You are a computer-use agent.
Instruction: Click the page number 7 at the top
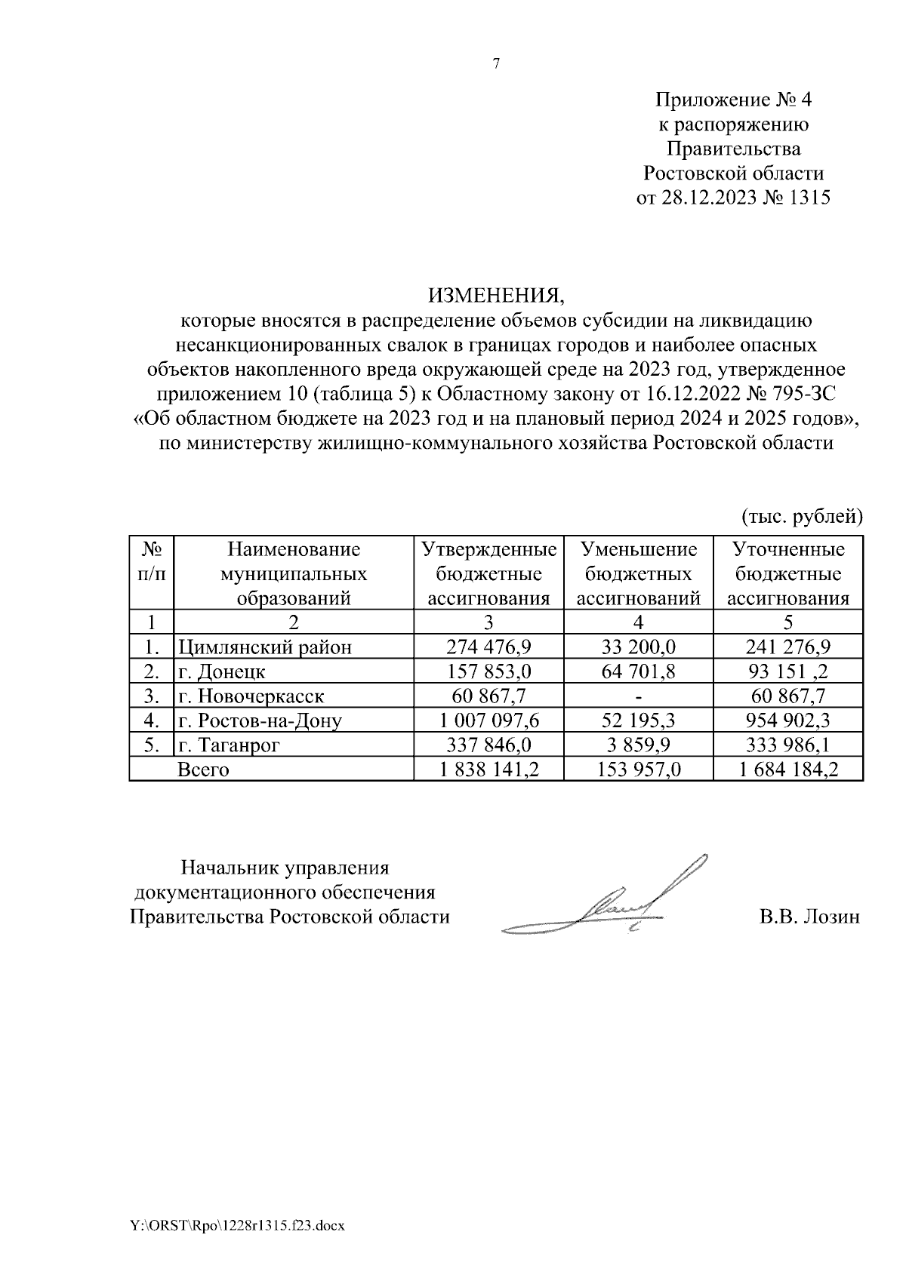pos(496,64)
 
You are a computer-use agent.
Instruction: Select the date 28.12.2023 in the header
pos(706,198)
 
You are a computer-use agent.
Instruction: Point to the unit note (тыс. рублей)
pos(801,517)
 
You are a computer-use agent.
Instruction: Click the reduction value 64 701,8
pos(639,671)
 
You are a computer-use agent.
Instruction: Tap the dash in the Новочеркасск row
pos(639,696)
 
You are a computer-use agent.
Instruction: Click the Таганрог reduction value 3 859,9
pos(639,745)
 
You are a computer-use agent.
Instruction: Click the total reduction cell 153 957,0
pos(639,770)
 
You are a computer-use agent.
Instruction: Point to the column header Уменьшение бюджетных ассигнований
pos(639,574)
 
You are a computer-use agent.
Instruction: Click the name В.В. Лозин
pos(809,917)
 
